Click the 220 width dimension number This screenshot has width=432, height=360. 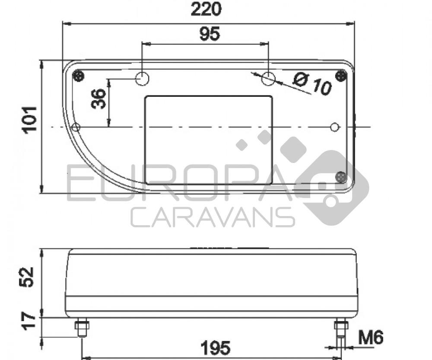[206, 9]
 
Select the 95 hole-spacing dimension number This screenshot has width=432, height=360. [210, 34]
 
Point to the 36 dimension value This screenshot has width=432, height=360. [98, 99]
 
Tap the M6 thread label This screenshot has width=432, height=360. [370, 338]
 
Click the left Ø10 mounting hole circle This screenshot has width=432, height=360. [142, 79]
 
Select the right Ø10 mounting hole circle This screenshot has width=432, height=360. [268, 79]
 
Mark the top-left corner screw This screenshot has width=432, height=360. [78, 76]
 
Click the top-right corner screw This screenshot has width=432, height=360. [342, 76]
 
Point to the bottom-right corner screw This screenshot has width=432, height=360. [341, 177]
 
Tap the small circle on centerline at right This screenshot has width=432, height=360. [335, 127]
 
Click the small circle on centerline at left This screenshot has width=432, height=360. [76, 127]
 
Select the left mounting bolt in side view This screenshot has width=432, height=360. [82, 328]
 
